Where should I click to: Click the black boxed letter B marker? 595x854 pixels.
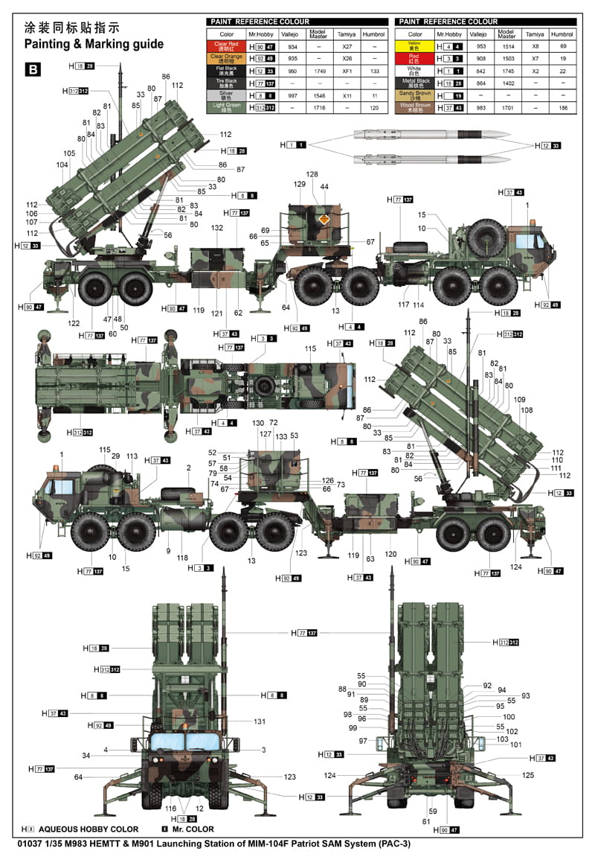[x=33, y=70]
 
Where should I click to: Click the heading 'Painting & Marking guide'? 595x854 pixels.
[x=94, y=44]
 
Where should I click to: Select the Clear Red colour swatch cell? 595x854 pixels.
[x=227, y=45]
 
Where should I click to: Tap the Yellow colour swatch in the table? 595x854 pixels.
[x=415, y=45]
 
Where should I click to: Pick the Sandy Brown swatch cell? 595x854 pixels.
[x=415, y=95]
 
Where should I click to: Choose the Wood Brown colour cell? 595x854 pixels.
[x=415, y=107]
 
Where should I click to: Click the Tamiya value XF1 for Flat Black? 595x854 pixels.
[x=347, y=71]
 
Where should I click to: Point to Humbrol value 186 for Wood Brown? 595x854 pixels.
[x=563, y=108]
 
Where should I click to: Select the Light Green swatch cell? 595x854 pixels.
[x=227, y=107]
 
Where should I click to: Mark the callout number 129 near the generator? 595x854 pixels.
[x=300, y=184]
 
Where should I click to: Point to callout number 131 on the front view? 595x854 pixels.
[x=259, y=721]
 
